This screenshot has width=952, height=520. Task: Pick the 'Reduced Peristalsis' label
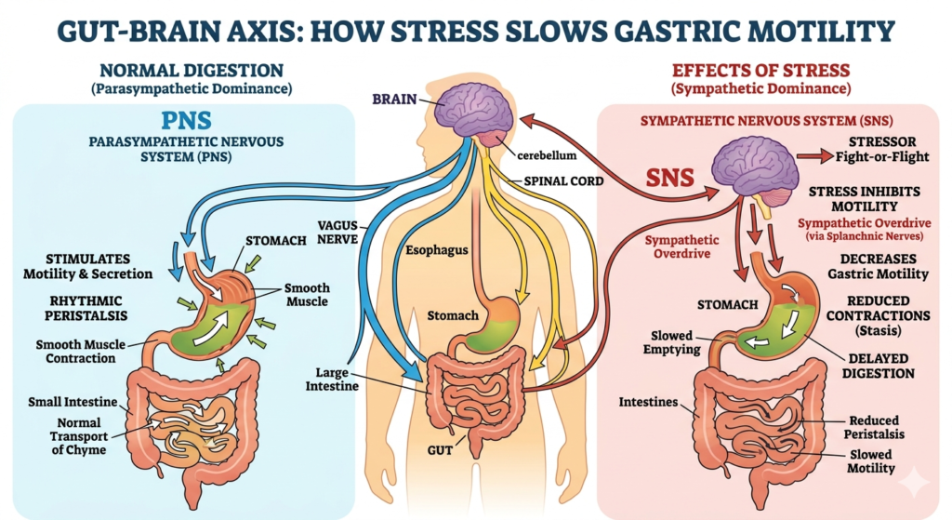878,427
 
